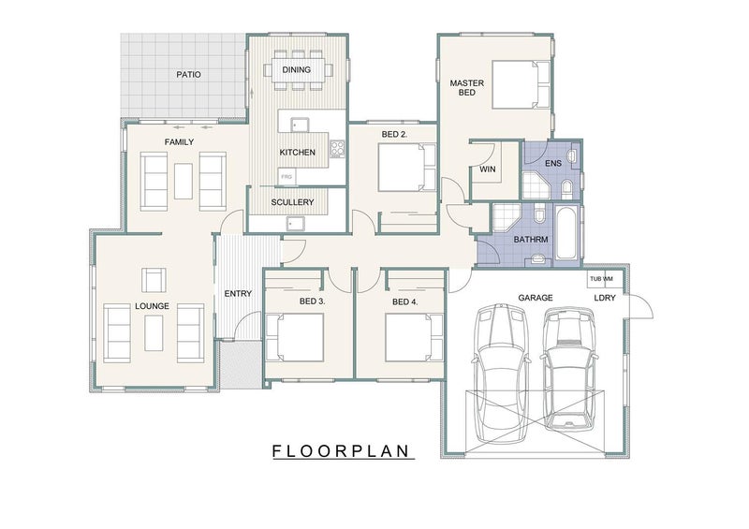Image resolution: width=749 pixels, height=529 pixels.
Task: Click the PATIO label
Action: [189, 75]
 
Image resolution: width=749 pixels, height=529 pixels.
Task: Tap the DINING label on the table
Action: [296, 70]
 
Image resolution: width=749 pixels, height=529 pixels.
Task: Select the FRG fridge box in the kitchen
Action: [286, 177]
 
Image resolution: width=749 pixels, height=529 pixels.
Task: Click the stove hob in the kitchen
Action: [337, 149]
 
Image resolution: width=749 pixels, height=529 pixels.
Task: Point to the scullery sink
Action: [295, 223]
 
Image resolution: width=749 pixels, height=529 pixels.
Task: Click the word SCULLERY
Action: [292, 202]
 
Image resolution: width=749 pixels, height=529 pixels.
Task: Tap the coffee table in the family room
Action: [184, 181]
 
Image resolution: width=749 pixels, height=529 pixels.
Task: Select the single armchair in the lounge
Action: [154, 280]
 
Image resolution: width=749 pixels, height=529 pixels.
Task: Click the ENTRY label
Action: [238, 293]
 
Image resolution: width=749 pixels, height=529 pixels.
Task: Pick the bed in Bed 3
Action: [294, 337]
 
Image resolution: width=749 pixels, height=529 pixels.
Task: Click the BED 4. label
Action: [405, 301]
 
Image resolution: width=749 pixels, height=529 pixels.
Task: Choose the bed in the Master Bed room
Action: [521, 84]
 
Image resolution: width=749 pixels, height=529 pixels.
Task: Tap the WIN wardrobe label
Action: [488, 169]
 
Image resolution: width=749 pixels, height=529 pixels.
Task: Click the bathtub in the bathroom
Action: [567, 232]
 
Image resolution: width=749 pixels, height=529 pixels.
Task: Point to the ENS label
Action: [553, 164]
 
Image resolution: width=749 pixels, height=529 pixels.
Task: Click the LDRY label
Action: [605, 298]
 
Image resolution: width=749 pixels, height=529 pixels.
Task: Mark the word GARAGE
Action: [536, 298]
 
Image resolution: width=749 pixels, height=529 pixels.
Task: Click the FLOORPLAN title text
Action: [341, 451]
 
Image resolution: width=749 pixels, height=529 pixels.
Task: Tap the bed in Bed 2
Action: [407, 168]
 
